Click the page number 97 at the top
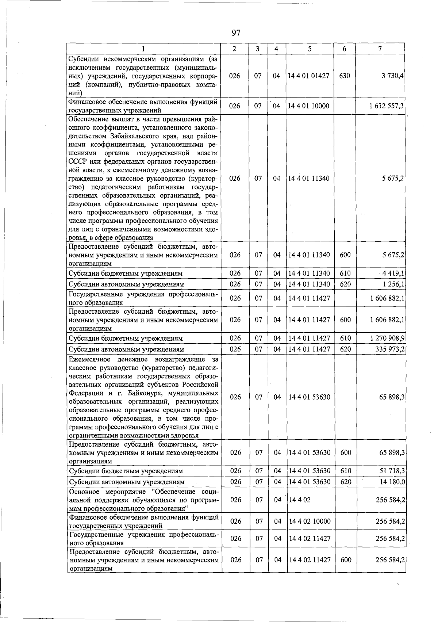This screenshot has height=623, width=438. [236, 33]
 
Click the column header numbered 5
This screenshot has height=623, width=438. [309, 49]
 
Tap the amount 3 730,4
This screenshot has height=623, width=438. [393, 76]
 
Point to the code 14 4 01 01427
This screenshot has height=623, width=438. [309, 76]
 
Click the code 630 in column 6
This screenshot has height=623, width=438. [344, 76]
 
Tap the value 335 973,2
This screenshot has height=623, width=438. [389, 349]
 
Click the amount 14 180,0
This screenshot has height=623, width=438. [392, 482]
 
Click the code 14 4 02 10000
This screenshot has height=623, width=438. [309, 521]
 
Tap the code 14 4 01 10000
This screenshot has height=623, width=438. [309, 106]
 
